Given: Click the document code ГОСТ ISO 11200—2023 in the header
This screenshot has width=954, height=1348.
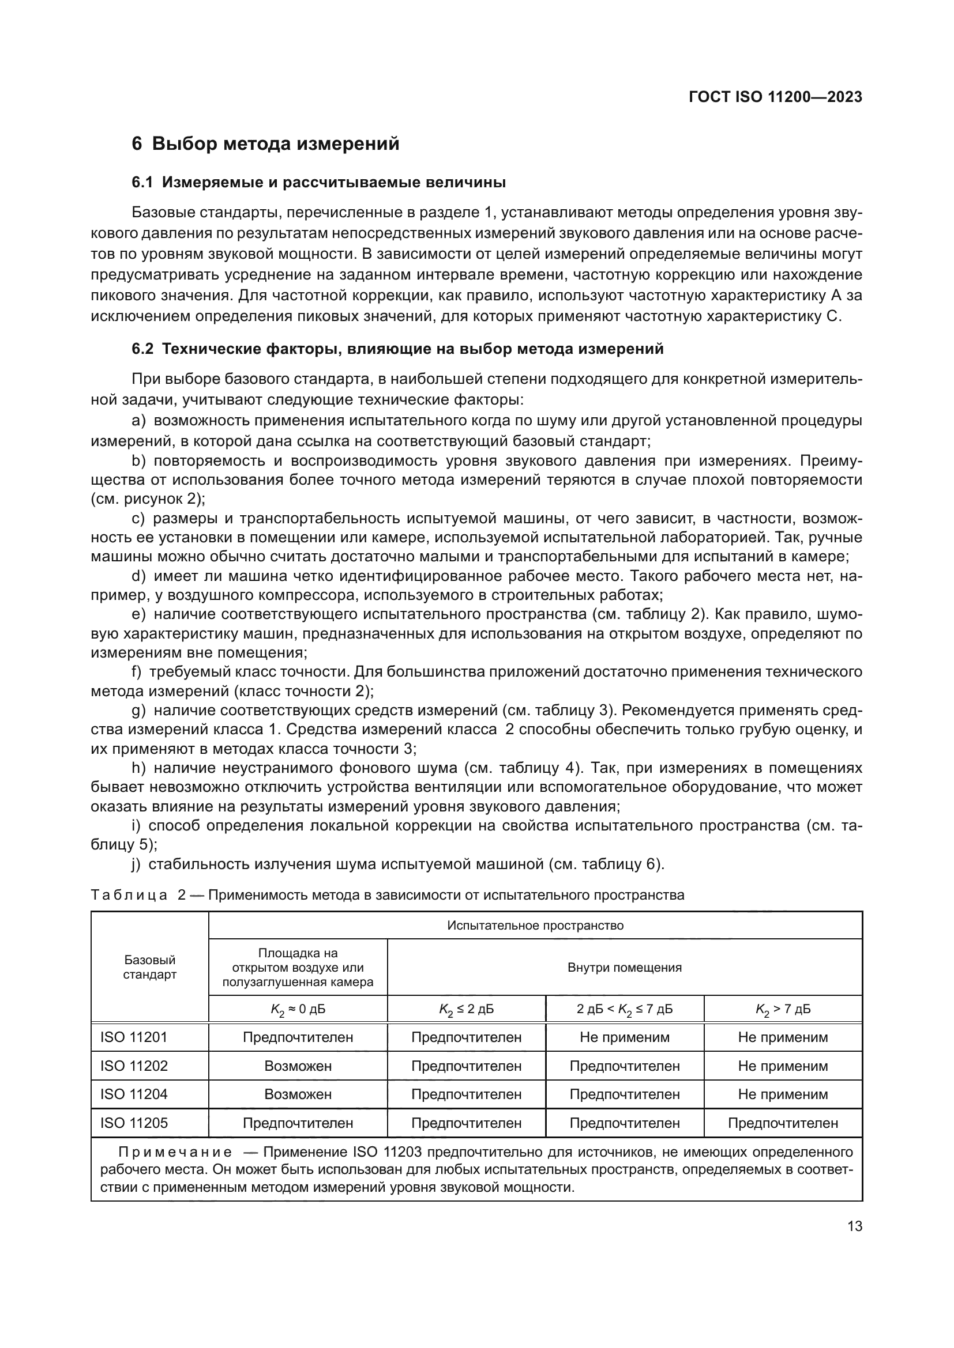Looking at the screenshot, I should (x=775, y=97).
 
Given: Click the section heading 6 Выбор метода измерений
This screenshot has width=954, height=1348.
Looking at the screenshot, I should (x=265, y=144).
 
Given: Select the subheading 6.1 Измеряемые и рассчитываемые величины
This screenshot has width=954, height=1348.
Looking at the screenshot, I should (x=318, y=183).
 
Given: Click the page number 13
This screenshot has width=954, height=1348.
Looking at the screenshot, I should (x=855, y=1226).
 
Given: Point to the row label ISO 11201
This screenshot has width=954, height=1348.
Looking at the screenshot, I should (x=134, y=1037).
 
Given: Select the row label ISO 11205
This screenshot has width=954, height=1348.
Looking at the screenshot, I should (x=134, y=1123).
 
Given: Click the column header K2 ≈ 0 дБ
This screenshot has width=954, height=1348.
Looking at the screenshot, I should (x=298, y=1009).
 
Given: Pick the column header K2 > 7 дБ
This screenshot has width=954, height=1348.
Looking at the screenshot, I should (x=783, y=1009).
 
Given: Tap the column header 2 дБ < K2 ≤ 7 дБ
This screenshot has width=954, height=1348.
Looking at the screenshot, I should (x=625, y=1009).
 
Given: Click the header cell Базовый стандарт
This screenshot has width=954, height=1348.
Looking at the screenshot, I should (x=149, y=967).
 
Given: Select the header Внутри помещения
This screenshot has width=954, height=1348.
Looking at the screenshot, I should (x=625, y=967).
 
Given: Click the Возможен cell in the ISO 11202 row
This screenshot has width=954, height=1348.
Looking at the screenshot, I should (x=298, y=1066).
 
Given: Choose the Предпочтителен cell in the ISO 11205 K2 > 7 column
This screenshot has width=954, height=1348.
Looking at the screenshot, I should (x=783, y=1123).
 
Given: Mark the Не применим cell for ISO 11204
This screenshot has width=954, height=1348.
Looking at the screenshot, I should (x=783, y=1094).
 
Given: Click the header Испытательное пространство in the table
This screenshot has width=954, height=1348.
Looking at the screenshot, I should (x=535, y=926).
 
